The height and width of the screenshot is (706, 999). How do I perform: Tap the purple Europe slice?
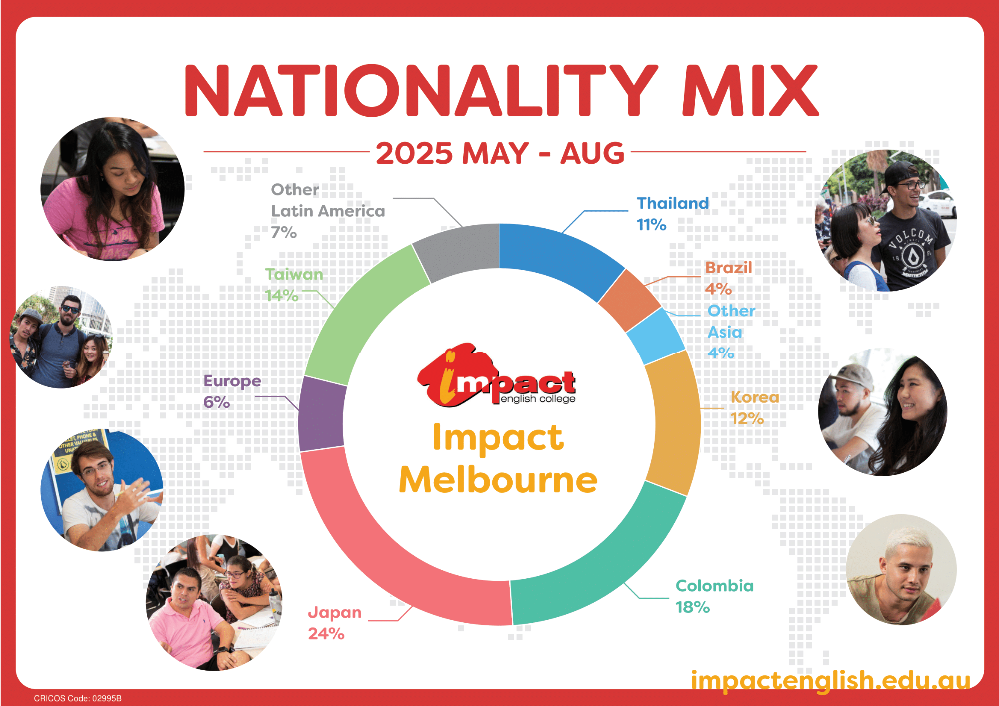[321, 413]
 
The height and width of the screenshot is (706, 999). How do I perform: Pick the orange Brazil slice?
[629, 300]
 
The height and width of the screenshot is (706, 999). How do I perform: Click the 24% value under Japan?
[326, 634]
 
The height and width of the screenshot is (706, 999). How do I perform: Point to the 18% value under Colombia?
[692, 607]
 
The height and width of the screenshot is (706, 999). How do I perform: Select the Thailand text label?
[672, 203]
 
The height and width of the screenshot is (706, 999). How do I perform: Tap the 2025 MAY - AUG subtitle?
[500, 154]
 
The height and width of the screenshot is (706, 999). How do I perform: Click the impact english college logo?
[497, 376]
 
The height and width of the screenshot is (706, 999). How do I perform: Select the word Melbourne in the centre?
[499, 480]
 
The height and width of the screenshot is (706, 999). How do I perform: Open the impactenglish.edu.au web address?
[831, 679]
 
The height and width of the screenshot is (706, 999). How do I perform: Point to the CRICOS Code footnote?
[78, 698]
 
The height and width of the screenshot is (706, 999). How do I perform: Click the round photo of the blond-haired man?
[901, 569]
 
